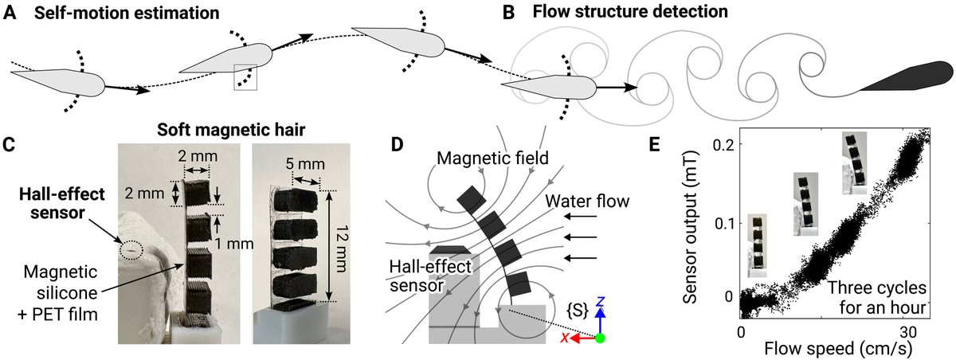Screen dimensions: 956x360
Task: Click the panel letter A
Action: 10,13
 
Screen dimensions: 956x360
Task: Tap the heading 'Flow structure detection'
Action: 630,11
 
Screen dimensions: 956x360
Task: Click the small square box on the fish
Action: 245,77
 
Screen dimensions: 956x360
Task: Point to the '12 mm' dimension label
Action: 342,248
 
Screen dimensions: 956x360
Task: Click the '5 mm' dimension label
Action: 305,164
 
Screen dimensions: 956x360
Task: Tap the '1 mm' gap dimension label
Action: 234,244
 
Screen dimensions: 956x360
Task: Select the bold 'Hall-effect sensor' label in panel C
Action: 62,203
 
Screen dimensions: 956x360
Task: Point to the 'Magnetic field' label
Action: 492,158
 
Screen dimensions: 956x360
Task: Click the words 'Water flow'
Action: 587,201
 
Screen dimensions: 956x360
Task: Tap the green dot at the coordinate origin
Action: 600,338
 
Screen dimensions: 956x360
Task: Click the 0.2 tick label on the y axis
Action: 724,145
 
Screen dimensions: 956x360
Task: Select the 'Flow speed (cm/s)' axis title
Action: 838,349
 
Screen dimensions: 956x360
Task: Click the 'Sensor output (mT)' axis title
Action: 689,227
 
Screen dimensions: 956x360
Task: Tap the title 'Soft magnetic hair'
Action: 231,130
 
